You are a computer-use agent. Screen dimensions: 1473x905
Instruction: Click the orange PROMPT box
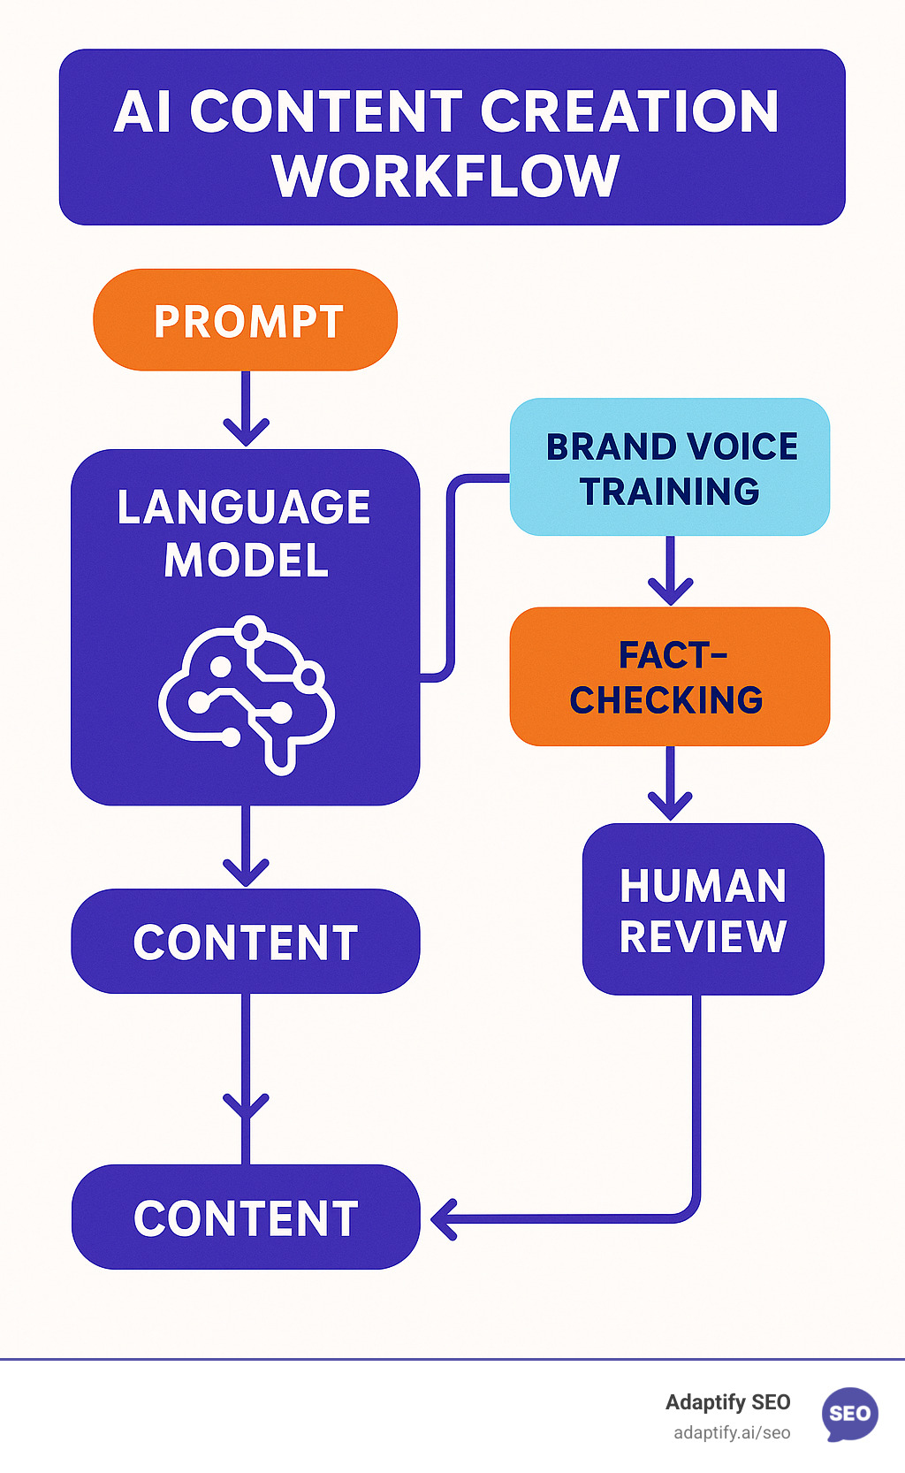pos(245,320)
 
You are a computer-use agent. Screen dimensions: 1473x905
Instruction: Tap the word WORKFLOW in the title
pos(446,176)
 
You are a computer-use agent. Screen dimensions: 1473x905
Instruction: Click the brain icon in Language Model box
pos(247,694)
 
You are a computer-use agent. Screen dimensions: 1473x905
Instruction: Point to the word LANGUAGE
pos(244,508)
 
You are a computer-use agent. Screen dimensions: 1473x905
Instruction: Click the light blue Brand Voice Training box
pos(670,467)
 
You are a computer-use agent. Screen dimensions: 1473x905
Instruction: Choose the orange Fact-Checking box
pos(670,676)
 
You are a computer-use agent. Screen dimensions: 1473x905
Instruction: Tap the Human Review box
pos(703,910)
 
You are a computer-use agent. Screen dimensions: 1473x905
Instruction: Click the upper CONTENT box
pos(245,942)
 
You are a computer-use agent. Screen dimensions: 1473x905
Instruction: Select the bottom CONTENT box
pos(245,1217)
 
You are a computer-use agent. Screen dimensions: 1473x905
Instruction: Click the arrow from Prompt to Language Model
pos(246,411)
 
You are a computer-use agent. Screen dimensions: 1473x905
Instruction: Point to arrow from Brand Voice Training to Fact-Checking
pos(670,572)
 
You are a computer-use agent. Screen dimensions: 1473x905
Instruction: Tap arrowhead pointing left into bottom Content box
pos(445,1219)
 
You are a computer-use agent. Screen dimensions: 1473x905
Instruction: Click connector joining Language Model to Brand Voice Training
pos(452,575)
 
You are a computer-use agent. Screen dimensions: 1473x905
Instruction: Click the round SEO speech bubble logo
pos(850,1413)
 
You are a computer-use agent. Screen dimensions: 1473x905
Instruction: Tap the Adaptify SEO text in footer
pos(727,1402)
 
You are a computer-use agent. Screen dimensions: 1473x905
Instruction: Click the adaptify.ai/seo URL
pos(732,1433)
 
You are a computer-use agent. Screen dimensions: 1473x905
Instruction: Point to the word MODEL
pos(247,561)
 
